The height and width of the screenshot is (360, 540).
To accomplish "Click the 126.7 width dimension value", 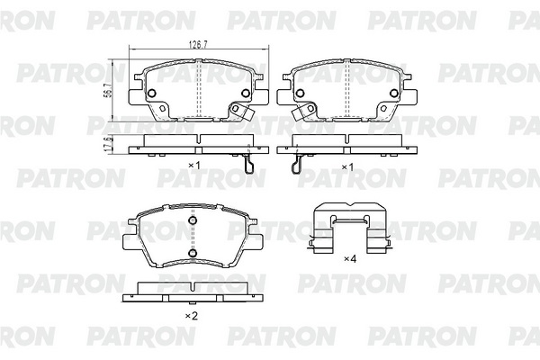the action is [x=198, y=45].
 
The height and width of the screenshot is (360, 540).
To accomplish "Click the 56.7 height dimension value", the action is [x=107, y=90].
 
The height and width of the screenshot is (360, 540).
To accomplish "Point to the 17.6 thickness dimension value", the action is [x=107, y=144].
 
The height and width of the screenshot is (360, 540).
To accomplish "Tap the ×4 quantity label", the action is [x=350, y=258].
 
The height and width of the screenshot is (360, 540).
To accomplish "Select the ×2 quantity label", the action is [x=192, y=316].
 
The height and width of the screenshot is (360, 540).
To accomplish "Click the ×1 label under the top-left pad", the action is [x=193, y=166].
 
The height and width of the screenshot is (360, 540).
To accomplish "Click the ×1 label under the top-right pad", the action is [x=347, y=167].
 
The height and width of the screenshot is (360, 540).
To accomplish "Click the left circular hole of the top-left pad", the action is [x=152, y=93].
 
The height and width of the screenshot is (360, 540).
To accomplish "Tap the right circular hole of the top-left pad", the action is [x=246, y=93].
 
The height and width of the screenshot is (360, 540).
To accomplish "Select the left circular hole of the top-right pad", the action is [x=300, y=93].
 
